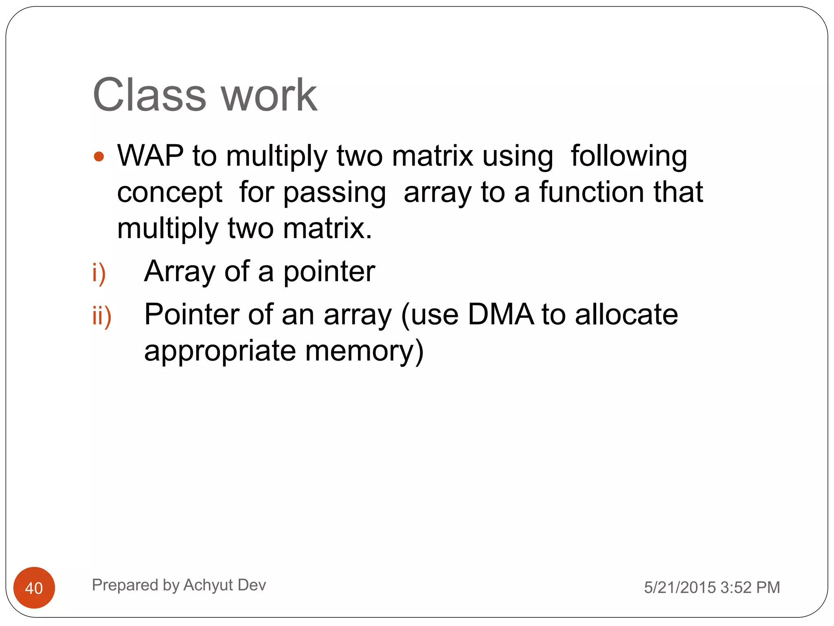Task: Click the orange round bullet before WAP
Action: [x=99, y=156]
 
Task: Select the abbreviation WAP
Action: [x=150, y=156]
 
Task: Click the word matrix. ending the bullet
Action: [x=327, y=228]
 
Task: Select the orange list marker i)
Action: [x=99, y=273]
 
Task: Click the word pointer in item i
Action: [x=329, y=272]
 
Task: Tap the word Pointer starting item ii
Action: [x=191, y=315]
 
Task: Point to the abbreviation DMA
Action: [x=500, y=315]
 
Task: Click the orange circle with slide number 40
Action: [x=34, y=588]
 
